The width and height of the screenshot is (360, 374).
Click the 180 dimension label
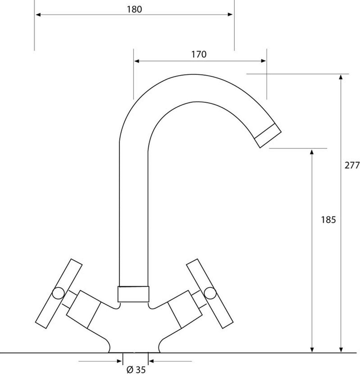coord(134,9)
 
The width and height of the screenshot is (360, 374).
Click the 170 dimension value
coord(199,55)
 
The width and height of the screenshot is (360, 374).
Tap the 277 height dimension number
coord(352,165)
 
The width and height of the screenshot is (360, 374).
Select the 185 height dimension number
coord(328,220)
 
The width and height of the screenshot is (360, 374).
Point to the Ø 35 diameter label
coord(136,369)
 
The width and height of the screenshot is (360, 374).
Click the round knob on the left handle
coord(58,293)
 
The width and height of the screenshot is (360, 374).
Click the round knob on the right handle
coord(210,293)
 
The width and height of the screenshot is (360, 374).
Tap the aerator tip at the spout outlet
coord(268,136)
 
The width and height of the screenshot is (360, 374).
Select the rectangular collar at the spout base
coord(133,294)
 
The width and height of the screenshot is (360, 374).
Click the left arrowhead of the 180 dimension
coord(38,15)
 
